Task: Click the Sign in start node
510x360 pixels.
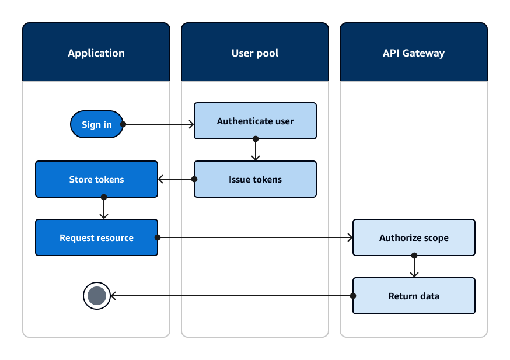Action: pyautogui.click(x=96, y=124)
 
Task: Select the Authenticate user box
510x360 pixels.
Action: pyautogui.click(x=255, y=121)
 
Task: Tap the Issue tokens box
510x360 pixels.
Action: pyautogui.click(x=255, y=179)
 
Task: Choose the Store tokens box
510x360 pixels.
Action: pyautogui.click(x=96, y=179)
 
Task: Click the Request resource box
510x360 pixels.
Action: pyautogui.click(x=96, y=237)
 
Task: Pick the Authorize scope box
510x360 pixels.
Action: pyautogui.click(x=414, y=237)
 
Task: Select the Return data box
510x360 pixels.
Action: pyautogui.click(x=414, y=296)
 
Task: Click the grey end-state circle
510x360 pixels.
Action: pyautogui.click(x=97, y=296)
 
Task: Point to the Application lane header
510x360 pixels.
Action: pyautogui.click(x=96, y=53)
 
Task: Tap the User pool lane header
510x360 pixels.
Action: pyautogui.click(x=255, y=53)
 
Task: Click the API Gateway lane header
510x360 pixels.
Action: pyautogui.click(x=414, y=53)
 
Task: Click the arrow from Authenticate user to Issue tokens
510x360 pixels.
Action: pyautogui.click(x=255, y=150)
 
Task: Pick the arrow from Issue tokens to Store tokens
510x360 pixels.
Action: pyautogui.click(x=176, y=179)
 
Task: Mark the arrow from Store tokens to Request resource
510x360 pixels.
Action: pyautogui.click(x=104, y=208)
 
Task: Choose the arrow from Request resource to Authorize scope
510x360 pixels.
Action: pyautogui.click(x=255, y=237)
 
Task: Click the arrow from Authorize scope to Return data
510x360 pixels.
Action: pyautogui.click(x=414, y=267)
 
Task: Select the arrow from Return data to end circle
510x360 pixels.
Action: pyautogui.click(x=233, y=296)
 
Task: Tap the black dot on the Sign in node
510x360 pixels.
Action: pyautogui.click(x=123, y=124)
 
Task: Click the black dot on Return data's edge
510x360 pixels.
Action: pyautogui.click(x=353, y=296)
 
